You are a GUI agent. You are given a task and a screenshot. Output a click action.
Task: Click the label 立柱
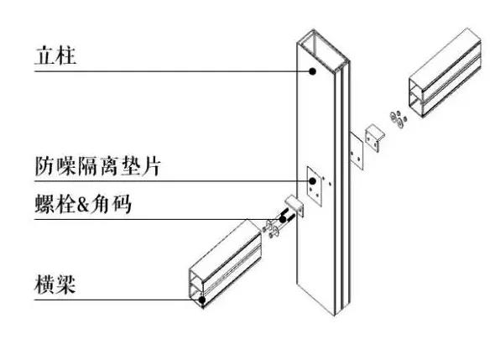tap(55, 56)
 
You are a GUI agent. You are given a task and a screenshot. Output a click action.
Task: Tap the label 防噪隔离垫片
tap(97, 165)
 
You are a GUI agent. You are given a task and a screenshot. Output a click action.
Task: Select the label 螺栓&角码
tap(83, 204)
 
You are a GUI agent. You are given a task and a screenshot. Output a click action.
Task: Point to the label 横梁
tap(55, 284)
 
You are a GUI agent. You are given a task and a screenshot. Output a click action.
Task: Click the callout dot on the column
tap(312, 71)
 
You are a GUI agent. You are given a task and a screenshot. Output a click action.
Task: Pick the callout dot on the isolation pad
tap(312, 181)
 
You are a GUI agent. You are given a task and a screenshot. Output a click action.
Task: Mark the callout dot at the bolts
tap(283, 219)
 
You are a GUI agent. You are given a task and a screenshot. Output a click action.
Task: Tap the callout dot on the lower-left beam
tap(202, 300)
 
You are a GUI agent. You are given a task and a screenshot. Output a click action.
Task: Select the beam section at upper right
tap(445, 74)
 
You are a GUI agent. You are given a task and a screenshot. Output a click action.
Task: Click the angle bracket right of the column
tap(375, 138)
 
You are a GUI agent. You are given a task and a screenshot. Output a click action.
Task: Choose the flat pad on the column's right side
tap(357, 152)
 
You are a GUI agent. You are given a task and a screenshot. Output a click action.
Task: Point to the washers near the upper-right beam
tap(398, 119)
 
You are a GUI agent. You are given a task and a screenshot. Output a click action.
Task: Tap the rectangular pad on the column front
tap(314, 186)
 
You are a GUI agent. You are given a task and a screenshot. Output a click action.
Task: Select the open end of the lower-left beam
tap(197, 288)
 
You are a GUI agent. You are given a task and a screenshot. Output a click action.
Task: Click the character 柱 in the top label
tap(66, 56)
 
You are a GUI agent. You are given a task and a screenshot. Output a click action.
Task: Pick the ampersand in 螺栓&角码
tap(83, 205)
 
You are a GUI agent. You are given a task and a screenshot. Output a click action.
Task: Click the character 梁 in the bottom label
tap(65, 284)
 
